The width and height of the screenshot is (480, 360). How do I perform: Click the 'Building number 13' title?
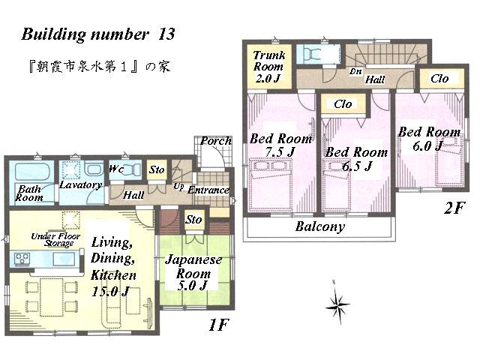pos(97,34)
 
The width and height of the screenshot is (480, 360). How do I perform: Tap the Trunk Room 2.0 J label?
pos(268,66)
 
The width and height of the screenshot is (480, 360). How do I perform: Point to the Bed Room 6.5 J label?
pos(355,159)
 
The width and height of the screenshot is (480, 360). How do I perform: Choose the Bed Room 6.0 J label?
pos(428,139)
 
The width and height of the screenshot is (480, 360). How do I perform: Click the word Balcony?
pos(319,226)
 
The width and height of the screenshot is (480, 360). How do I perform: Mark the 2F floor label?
pos(454,208)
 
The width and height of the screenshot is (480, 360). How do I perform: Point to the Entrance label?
pos(208,190)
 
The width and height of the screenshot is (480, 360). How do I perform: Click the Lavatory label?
pos(80,184)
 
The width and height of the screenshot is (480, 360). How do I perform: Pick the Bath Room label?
pos(29,193)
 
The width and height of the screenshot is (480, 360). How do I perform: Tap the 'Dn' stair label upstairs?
pos(356,71)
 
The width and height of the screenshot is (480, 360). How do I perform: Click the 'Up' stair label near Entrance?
pos(178,185)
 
